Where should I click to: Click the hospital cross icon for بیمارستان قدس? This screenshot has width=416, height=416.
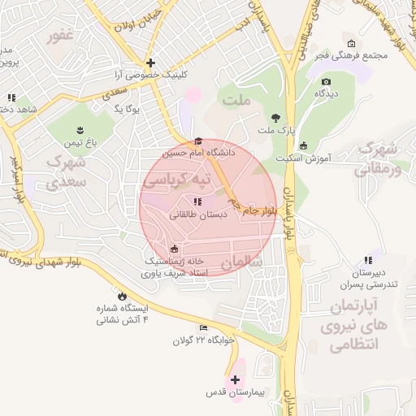click(x=236, y=379)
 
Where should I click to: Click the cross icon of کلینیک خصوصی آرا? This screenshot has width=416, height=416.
click(x=150, y=63)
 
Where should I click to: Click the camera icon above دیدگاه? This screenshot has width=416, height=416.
click(x=326, y=81)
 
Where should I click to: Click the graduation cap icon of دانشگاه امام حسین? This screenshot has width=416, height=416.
click(x=197, y=141)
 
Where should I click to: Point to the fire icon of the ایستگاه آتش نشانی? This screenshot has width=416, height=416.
click(x=123, y=297)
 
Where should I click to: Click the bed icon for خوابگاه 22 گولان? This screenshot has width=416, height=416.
click(x=202, y=327)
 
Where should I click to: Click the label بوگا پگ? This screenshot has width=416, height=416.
click(x=128, y=107)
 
